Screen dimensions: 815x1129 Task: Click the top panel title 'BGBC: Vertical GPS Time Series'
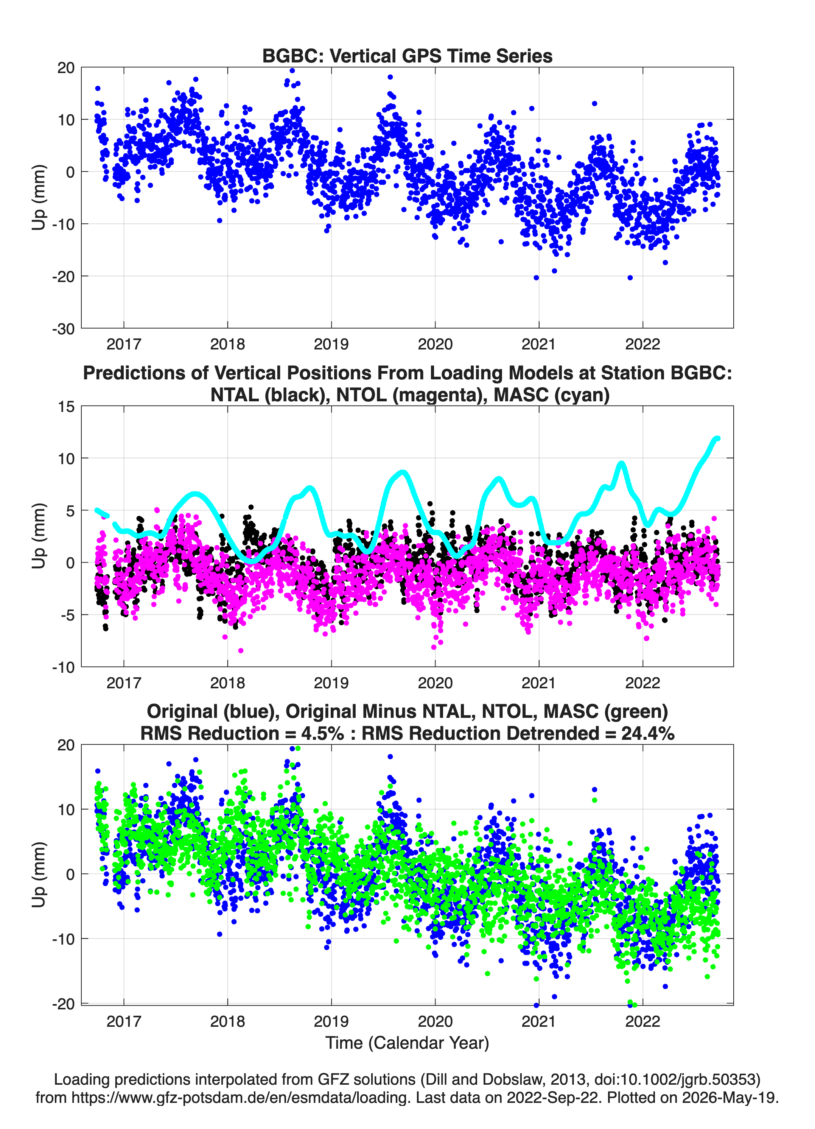tap(407, 56)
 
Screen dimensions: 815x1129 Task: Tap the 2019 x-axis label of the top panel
tap(331, 344)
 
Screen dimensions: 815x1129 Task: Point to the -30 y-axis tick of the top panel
tap(63, 329)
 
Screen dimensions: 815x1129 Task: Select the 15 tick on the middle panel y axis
tap(66, 407)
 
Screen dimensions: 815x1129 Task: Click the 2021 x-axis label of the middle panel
tap(539, 683)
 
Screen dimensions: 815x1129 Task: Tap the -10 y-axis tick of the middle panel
tap(63, 667)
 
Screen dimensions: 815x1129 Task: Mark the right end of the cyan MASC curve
tap(718, 438)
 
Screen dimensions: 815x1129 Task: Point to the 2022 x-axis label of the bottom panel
tap(642, 1021)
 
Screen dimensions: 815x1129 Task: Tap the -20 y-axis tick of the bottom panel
tap(63, 1004)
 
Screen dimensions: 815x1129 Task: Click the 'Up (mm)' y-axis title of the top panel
tap(39, 197)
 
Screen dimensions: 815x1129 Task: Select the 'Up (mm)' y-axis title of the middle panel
tap(39, 536)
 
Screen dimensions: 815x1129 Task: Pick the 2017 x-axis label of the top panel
tap(124, 344)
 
